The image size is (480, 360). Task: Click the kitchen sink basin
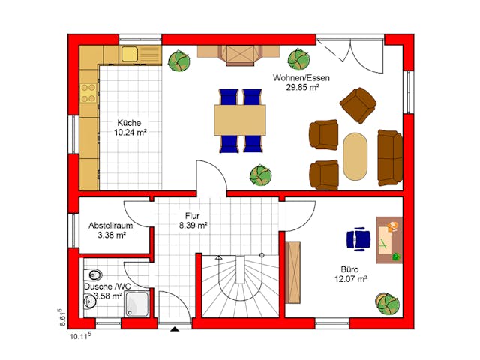pos(130,54)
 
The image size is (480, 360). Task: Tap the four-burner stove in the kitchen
pos(88,93)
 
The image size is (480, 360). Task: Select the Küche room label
pos(129,123)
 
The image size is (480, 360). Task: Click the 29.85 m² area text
pos(303,87)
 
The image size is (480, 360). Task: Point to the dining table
pos(240,120)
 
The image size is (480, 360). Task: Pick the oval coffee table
pos(355,156)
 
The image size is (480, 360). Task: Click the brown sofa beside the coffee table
pos(390,157)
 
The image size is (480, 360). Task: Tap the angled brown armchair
pos(358,105)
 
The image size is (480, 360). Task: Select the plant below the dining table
pos(260,175)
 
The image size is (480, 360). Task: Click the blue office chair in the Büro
pos(358,239)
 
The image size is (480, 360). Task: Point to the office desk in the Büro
pos(389,240)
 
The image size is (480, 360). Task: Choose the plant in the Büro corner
pos(387,304)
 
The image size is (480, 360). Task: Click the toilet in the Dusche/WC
pos(94,274)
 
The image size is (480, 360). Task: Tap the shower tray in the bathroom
pos(137,303)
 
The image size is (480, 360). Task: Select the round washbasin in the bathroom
pos(89,301)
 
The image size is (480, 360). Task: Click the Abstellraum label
pos(111,226)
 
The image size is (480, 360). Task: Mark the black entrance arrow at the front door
pos(175,329)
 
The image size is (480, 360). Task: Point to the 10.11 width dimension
pos(81,336)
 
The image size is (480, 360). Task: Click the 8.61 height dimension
pos(61,317)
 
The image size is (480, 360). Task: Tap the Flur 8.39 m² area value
pos(193,226)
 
